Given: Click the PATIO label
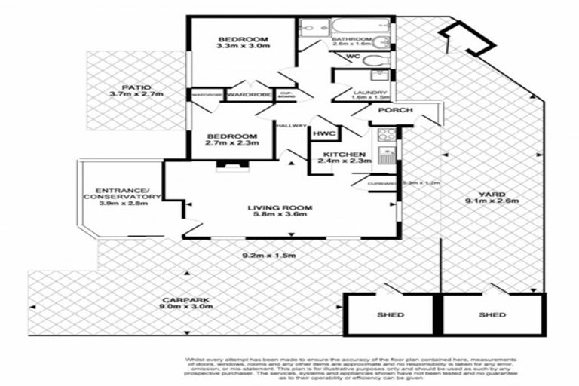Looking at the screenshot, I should pos(124,85).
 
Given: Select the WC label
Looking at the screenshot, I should pos(353,57).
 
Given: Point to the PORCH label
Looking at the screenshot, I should pos(395,111).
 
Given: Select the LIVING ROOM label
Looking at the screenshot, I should pos(281,207).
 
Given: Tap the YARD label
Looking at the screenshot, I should pos(495,193).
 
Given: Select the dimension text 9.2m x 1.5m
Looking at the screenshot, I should pos(268,256).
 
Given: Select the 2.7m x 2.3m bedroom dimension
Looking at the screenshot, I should pos(231,146).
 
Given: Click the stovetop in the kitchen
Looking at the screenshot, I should pos(386,135).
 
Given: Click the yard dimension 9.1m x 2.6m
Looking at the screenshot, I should pos(495,201).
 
